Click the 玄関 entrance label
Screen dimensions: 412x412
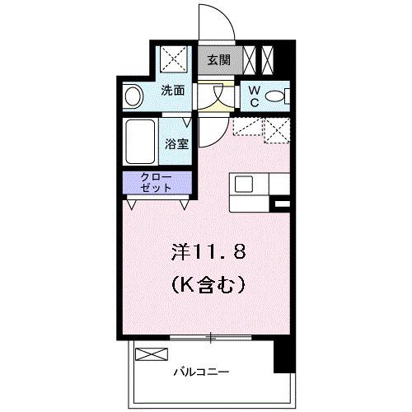[x=219, y=59]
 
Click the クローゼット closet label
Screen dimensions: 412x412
[x=157, y=182]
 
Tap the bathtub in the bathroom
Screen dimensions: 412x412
[x=141, y=143]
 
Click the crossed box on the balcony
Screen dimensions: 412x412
[x=150, y=355]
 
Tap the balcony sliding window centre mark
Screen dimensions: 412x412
[x=211, y=338]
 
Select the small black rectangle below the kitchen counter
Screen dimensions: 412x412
[x=281, y=203]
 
